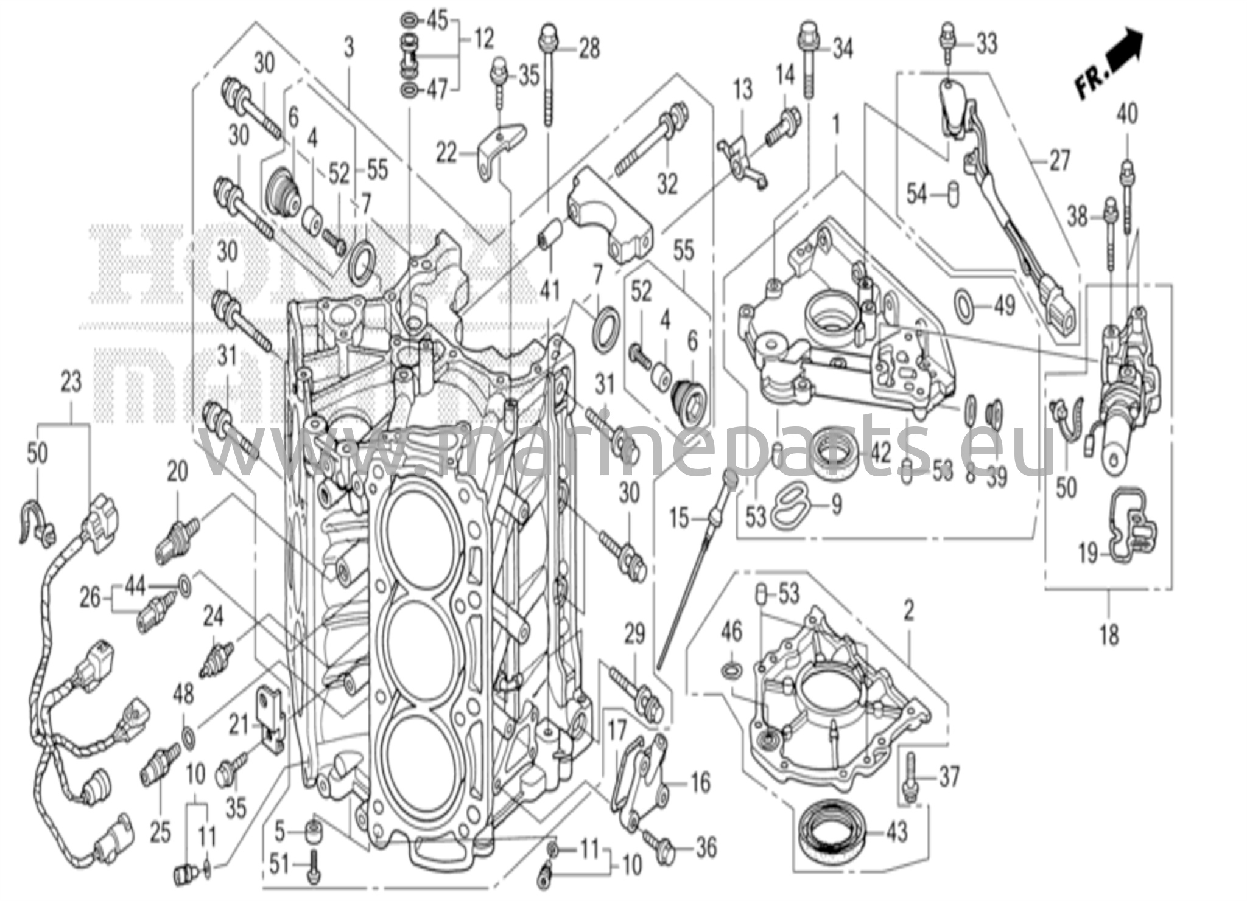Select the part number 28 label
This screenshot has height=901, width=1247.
[x=589, y=49]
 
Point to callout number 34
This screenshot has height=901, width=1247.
[x=843, y=48]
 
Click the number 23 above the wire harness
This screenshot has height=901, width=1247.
[x=71, y=383]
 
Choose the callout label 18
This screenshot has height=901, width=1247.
[x=1109, y=635]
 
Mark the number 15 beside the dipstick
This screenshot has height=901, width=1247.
[x=679, y=519]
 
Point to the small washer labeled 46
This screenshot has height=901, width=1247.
[x=732, y=670]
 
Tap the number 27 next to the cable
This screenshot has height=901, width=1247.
[x=1059, y=161]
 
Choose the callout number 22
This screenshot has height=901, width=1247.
[x=446, y=154]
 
